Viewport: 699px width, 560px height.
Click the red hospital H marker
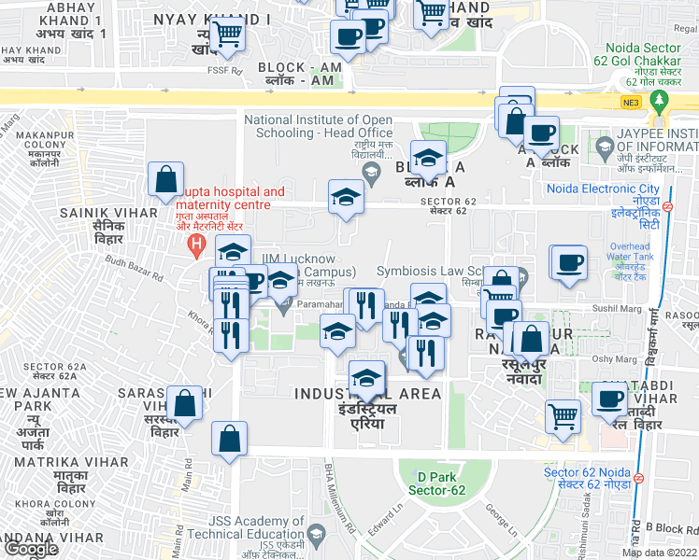tap(196, 245)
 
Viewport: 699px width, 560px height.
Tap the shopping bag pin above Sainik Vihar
tap(165, 181)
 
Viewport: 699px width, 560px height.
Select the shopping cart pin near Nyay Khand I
tap(227, 36)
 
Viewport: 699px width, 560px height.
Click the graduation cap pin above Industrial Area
tap(367, 379)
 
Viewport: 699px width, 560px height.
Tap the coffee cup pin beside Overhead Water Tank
tap(568, 263)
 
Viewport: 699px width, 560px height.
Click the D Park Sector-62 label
tap(435, 482)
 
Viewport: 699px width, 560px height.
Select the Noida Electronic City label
tap(603, 189)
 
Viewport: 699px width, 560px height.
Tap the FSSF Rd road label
tap(225, 70)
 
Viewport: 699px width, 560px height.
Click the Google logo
tap(31, 549)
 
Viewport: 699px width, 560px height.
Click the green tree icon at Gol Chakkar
tap(663, 99)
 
